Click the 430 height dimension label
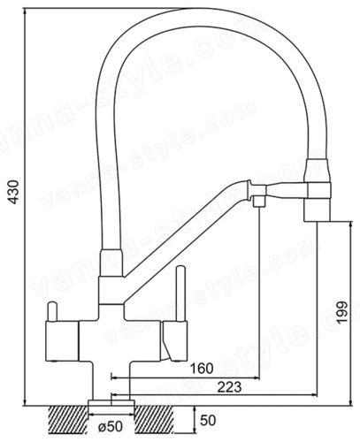pyautogui.click(x=13, y=192)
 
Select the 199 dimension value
pyautogui.click(x=342, y=312)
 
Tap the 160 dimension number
pyautogui.click(x=202, y=369)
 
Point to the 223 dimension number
pyautogui.click(x=229, y=387)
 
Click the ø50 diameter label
pyautogui.click(x=111, y=427)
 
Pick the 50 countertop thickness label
pyautogui.click(x=208, y=421)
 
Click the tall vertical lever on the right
pyautogui.click(x=180, y=293)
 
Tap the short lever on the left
pyautogui.click(x=52, y=311)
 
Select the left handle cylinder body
pyautogui.click(x=62, y=341)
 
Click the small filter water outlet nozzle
pyautogui.click(x=259, y=202)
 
